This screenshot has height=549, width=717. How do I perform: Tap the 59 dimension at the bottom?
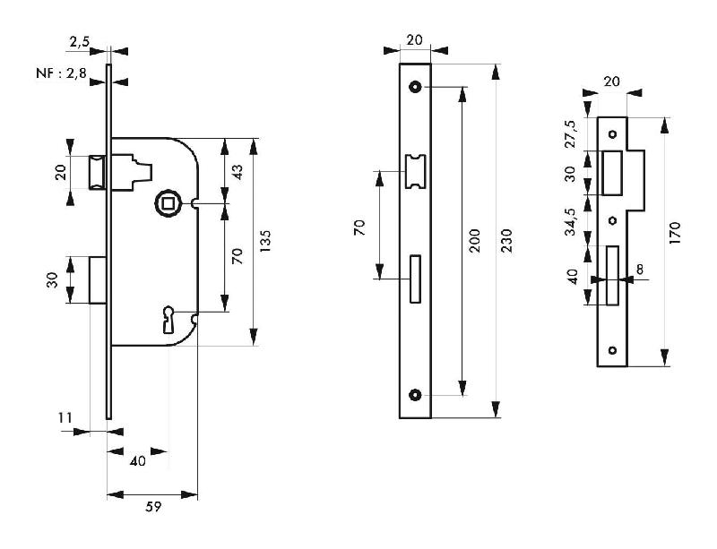click(x=152, y=507)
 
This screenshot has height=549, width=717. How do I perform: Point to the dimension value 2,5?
click(x=78, y=41)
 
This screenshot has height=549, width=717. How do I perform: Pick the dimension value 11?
click(x=64, y=416)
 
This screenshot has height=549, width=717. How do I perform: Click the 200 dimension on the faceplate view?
click(x=475, y=242)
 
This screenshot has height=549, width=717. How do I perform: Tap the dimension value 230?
click(x=507, y=242)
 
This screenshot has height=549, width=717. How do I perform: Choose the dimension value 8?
click(x=641, y=268)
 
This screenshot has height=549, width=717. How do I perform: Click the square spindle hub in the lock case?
click(x=168, y=203)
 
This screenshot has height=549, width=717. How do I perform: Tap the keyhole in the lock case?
click(x=168, y=317)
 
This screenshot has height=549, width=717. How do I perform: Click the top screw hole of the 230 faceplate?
click(x=415, y=86)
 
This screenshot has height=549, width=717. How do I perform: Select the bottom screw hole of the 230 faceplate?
click(x=415, y=395)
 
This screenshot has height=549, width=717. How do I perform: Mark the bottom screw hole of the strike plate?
click(x=613, y=350)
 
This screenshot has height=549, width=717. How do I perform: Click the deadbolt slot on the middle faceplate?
click(x=414, y=279)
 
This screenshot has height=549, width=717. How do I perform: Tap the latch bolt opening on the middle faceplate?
click(x=415, y=171)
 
